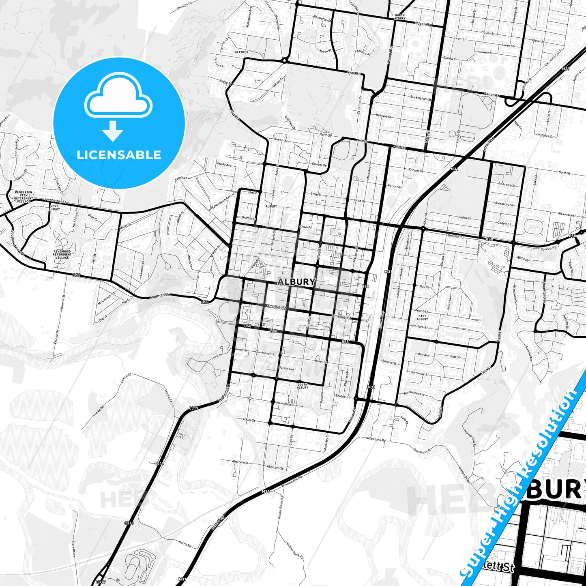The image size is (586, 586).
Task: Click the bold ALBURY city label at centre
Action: pos(296,282)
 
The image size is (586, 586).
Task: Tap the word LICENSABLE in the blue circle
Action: pos(119,155)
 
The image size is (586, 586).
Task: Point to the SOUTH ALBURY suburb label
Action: pos(303,386)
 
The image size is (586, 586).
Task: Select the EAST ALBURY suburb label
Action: pos(422,318)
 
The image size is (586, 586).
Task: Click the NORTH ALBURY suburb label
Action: pos(399,17)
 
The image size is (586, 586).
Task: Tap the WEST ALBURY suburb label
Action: pos(54,208)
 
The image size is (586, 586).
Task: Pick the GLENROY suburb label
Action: pos(242,52)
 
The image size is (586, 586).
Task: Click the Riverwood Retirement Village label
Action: pos(62,254)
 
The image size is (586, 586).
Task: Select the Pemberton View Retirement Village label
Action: pos(24,197)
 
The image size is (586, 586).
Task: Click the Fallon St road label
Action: pos(491,94)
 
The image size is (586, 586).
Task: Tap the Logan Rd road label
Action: pos(423,24)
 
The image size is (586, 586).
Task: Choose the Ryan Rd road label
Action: pos(354,73)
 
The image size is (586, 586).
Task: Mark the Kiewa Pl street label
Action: pos(305,227)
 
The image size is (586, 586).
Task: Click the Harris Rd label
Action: pos(185,543)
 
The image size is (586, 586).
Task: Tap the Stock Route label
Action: pos(74,548)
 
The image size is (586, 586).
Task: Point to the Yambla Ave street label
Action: pos(182,178)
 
